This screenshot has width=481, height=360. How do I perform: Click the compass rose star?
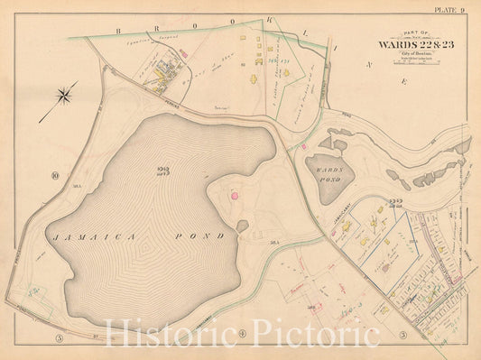[x=66, y=94]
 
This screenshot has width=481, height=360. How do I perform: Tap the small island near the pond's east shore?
[x=242, y=226]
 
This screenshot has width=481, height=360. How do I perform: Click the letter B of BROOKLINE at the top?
[x=118, y=30]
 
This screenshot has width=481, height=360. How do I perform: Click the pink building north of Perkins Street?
[x=183, y=54]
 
